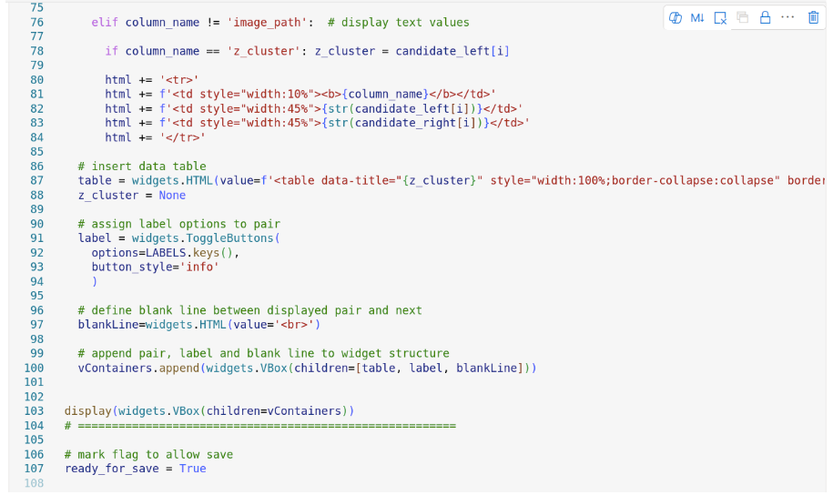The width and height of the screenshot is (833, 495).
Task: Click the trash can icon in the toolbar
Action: [813, 17]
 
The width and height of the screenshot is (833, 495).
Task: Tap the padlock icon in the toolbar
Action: [765, 17]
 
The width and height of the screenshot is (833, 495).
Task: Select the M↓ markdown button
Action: [697, 17]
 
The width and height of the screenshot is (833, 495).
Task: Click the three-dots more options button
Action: [787, 17]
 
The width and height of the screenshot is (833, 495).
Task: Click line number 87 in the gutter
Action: [36, 180]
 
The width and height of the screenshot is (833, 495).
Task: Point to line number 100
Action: [34, 368]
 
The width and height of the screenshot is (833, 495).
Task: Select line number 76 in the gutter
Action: [36, 22]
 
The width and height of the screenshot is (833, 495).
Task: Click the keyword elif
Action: [105, 22]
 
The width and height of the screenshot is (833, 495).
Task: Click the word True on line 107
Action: [193, 469]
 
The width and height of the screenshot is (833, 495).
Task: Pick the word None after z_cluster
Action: [172, 195]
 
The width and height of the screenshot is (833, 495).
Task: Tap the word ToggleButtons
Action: [230, 238]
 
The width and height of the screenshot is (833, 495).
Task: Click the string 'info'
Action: [200, 267]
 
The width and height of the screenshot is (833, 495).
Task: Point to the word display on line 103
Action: [87, 411]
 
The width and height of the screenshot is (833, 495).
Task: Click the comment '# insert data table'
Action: [142, 167]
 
